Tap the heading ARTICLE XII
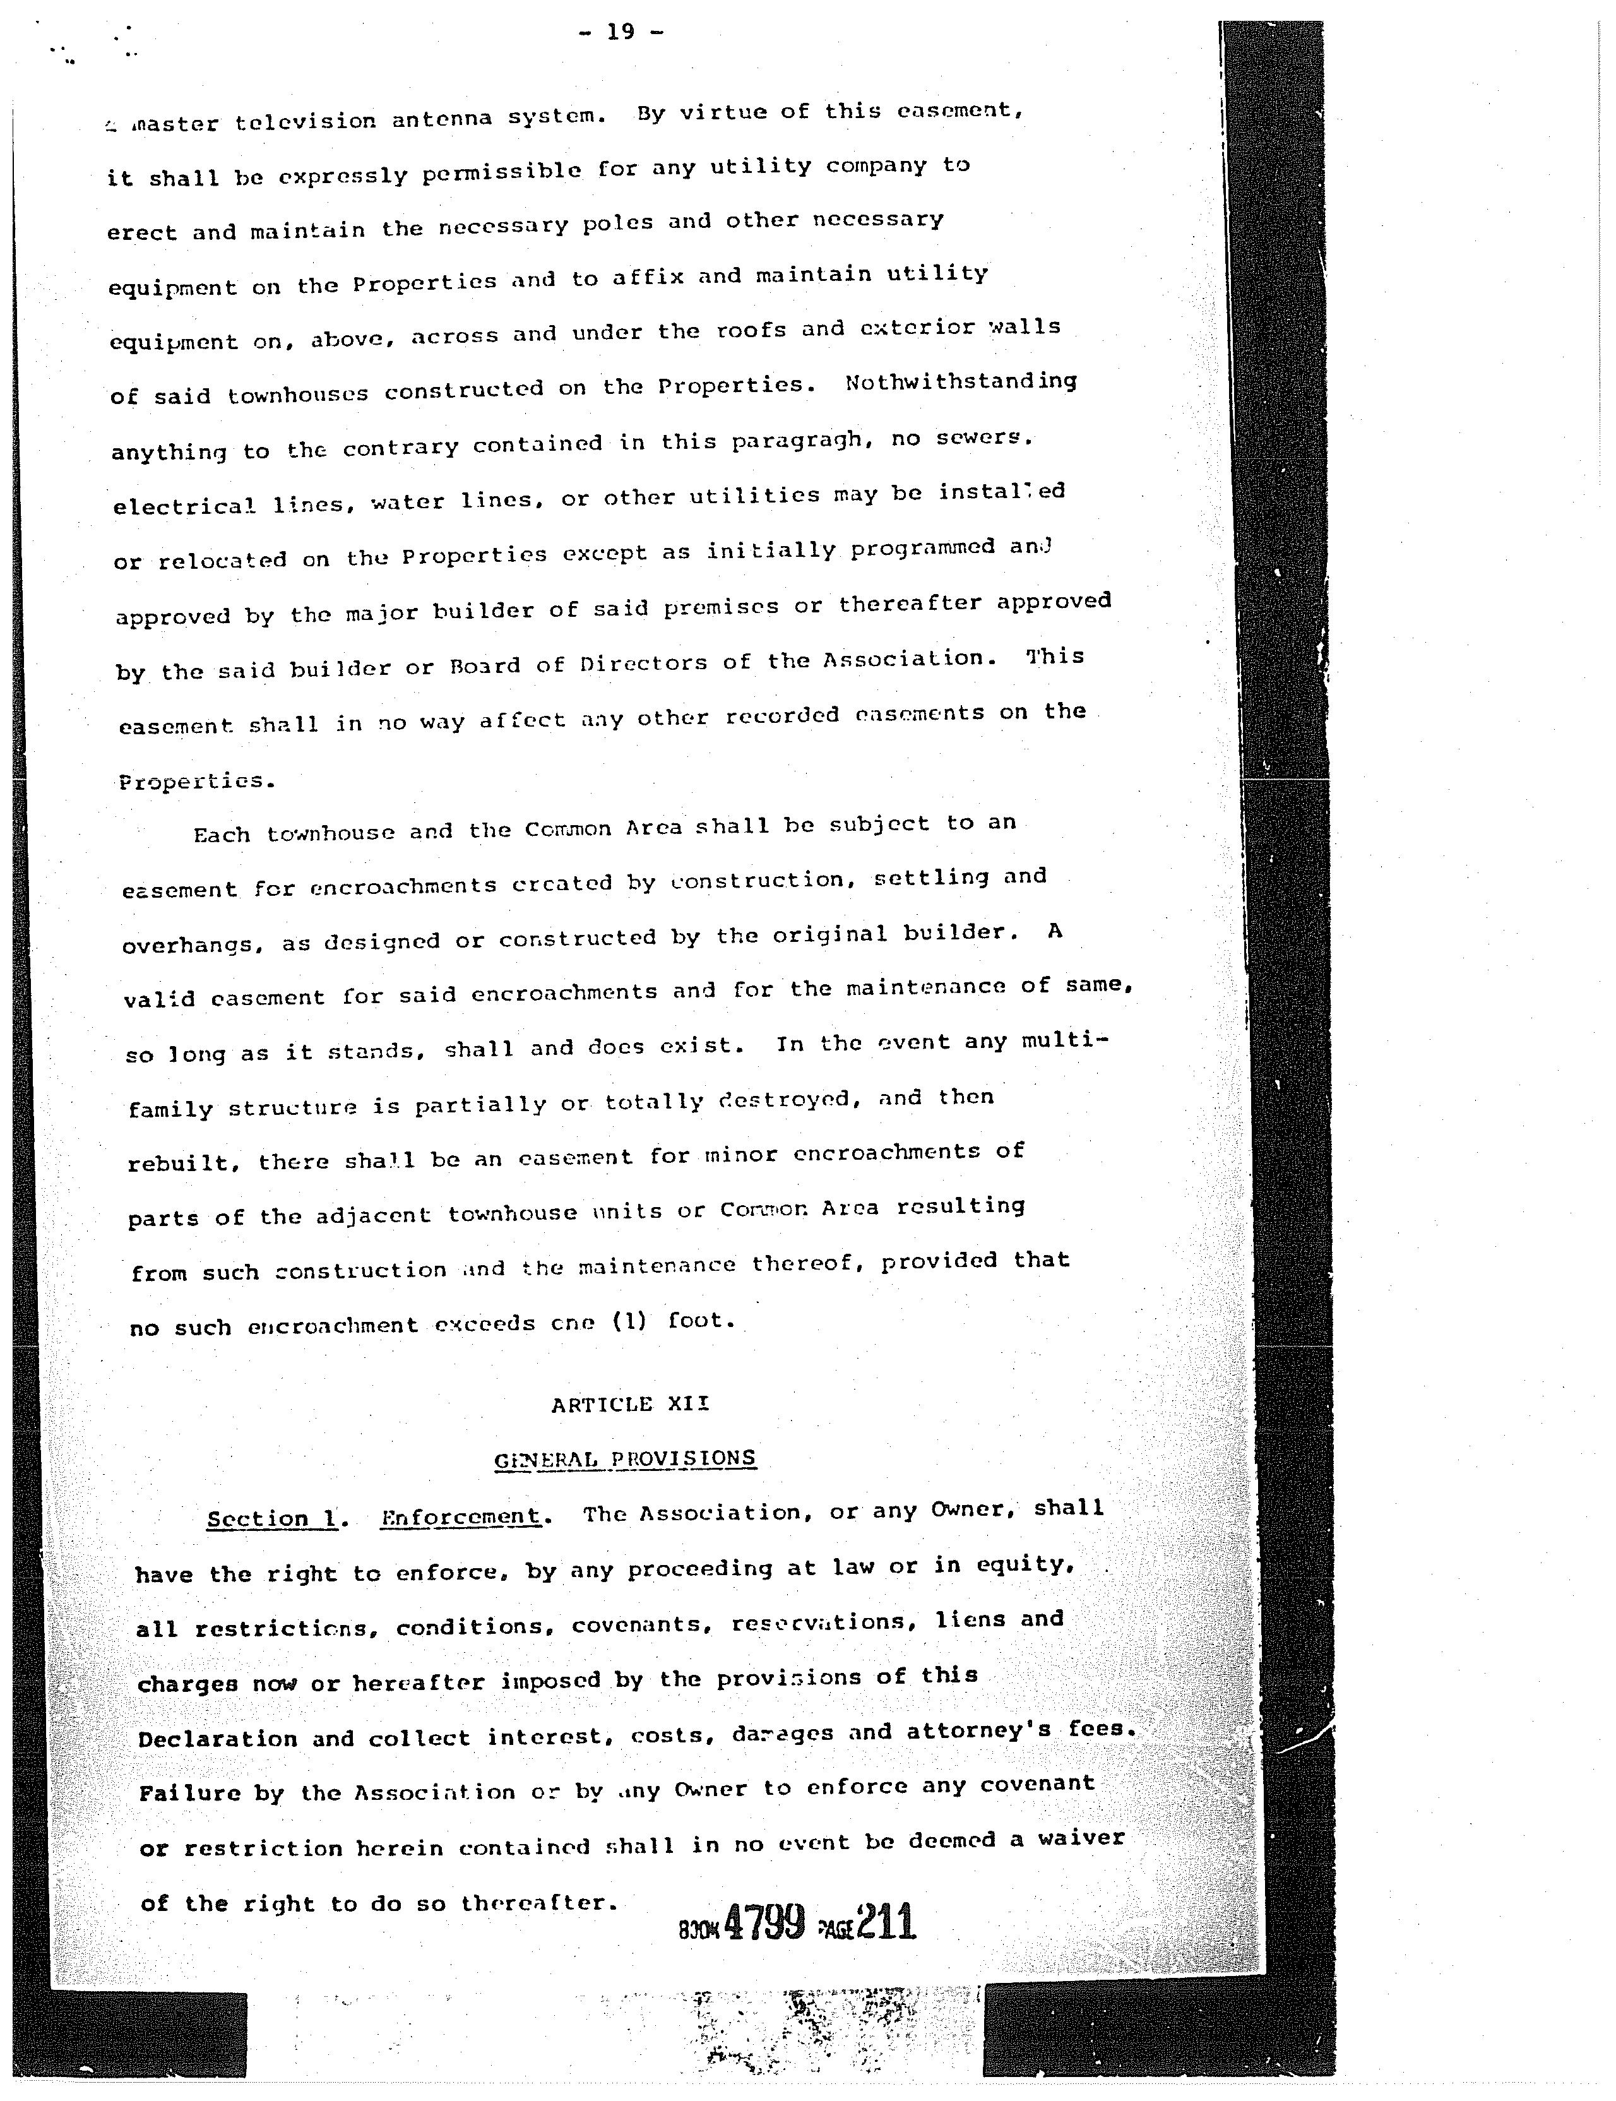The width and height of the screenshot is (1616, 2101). point(630,1405)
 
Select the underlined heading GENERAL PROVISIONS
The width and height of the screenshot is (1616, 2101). point(625,1460)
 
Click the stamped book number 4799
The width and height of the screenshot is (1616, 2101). point(764,1923)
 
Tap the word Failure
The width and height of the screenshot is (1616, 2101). point(189,1793)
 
